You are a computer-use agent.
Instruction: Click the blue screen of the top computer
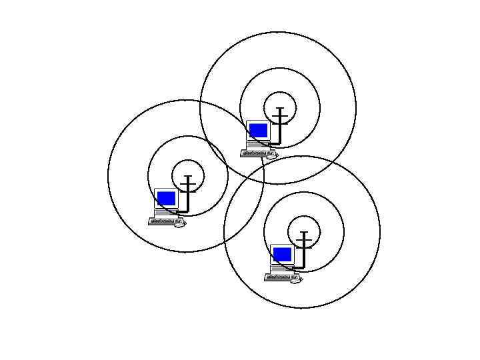[x=258, y=130]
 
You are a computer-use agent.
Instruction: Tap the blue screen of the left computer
[x=166, y=198]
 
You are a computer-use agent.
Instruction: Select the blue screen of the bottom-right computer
[x=282, y=254]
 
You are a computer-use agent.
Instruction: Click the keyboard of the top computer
[x=257, y=153]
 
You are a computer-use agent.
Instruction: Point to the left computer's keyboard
[x=165, y=221]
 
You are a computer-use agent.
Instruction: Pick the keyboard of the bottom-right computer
[x=281, y=277]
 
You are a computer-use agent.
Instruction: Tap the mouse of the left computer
[x=180, y=223]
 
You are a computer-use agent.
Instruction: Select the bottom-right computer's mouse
[x=296, y=279]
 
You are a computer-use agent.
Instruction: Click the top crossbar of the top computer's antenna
[x=281, y=108]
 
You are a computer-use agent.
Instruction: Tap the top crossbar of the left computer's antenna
[x=189, y=176]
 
